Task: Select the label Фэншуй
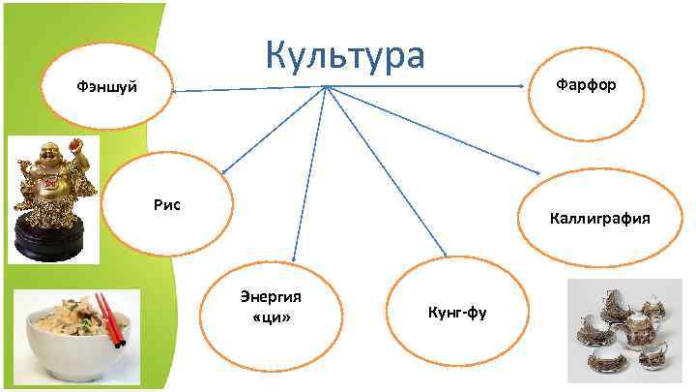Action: pos(106,88)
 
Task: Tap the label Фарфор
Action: pos(585,86)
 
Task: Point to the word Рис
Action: pos(166,205)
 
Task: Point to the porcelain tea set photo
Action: pos(623,328)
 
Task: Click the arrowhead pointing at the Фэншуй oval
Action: pos(177,92)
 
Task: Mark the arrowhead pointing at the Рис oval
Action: pos(223,172)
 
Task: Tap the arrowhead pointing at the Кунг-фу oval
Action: pos(443,254)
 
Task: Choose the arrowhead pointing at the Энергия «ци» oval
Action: pos(291,258)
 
